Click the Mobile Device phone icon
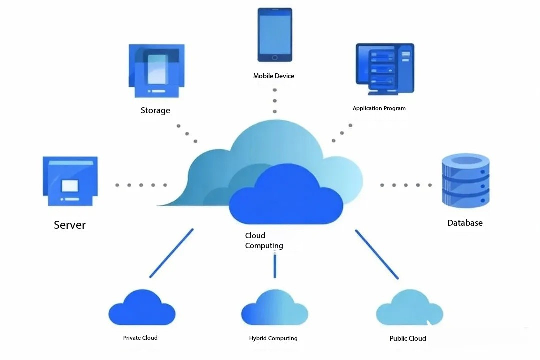tap(275, 35)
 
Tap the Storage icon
tap(156, 71)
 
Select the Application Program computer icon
tap(385, 69)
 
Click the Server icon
tap(70, 181)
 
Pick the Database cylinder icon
tap(466, 181)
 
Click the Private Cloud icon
tap(142, 308)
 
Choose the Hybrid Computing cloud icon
tap(274, 308)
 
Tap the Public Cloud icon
tap(409, 308)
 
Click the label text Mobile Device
tap(274, 76)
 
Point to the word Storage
tap(155, 111)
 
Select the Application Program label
tap(379, 108)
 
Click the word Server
tap(70, 225)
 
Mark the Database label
tap(465, 223)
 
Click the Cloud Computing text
tap(264, 241)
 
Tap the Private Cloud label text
tap(140, 338)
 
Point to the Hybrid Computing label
tap(273, 339)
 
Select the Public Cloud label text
tap(408, 339)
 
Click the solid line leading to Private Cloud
tap(171, 253)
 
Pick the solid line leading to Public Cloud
tap(377, 254)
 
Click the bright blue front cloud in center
tap(286, 197)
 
